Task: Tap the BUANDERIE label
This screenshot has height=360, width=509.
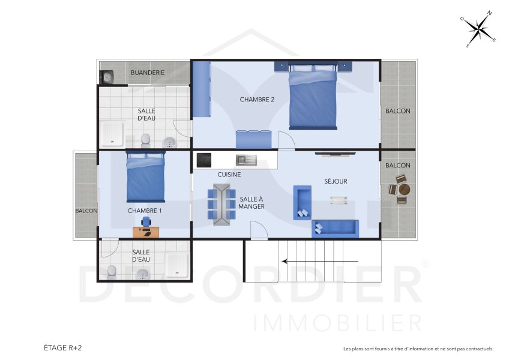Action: tap(148, 73)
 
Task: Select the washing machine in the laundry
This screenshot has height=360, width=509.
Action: tap(107, 77)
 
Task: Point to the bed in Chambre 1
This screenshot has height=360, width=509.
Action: tap(145, 178)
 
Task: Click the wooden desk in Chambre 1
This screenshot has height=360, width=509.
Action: tap(146, 230)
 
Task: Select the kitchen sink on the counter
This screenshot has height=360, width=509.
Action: tap(246, 160)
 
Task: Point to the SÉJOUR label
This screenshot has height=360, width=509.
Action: tap(336, 181)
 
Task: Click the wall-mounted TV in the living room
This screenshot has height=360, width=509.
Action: tap(336, 154)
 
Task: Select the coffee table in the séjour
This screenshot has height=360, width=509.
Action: tap(337, 200)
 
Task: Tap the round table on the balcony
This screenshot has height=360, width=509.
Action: tap(405, 190)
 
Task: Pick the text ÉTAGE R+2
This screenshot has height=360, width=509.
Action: tap(63, 347)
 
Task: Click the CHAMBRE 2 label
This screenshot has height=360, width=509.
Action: tap(257, 100)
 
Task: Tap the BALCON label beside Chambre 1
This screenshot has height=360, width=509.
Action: tap(86, 211)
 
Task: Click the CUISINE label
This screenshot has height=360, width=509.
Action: tap(229, 175)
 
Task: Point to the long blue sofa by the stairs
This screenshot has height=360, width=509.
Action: tap(335, 228)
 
